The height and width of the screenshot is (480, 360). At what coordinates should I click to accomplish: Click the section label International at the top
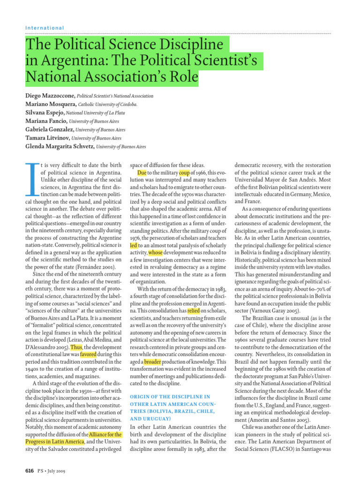[x=45, y=28]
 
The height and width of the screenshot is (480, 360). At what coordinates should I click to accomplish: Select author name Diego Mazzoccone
[x=50, y=96]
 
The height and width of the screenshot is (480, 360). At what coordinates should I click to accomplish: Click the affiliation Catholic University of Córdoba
[x=107, y=104]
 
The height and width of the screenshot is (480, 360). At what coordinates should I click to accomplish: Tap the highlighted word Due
[x=142, y=173]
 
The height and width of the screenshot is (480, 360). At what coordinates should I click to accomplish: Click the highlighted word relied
[x=194, y=323]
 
